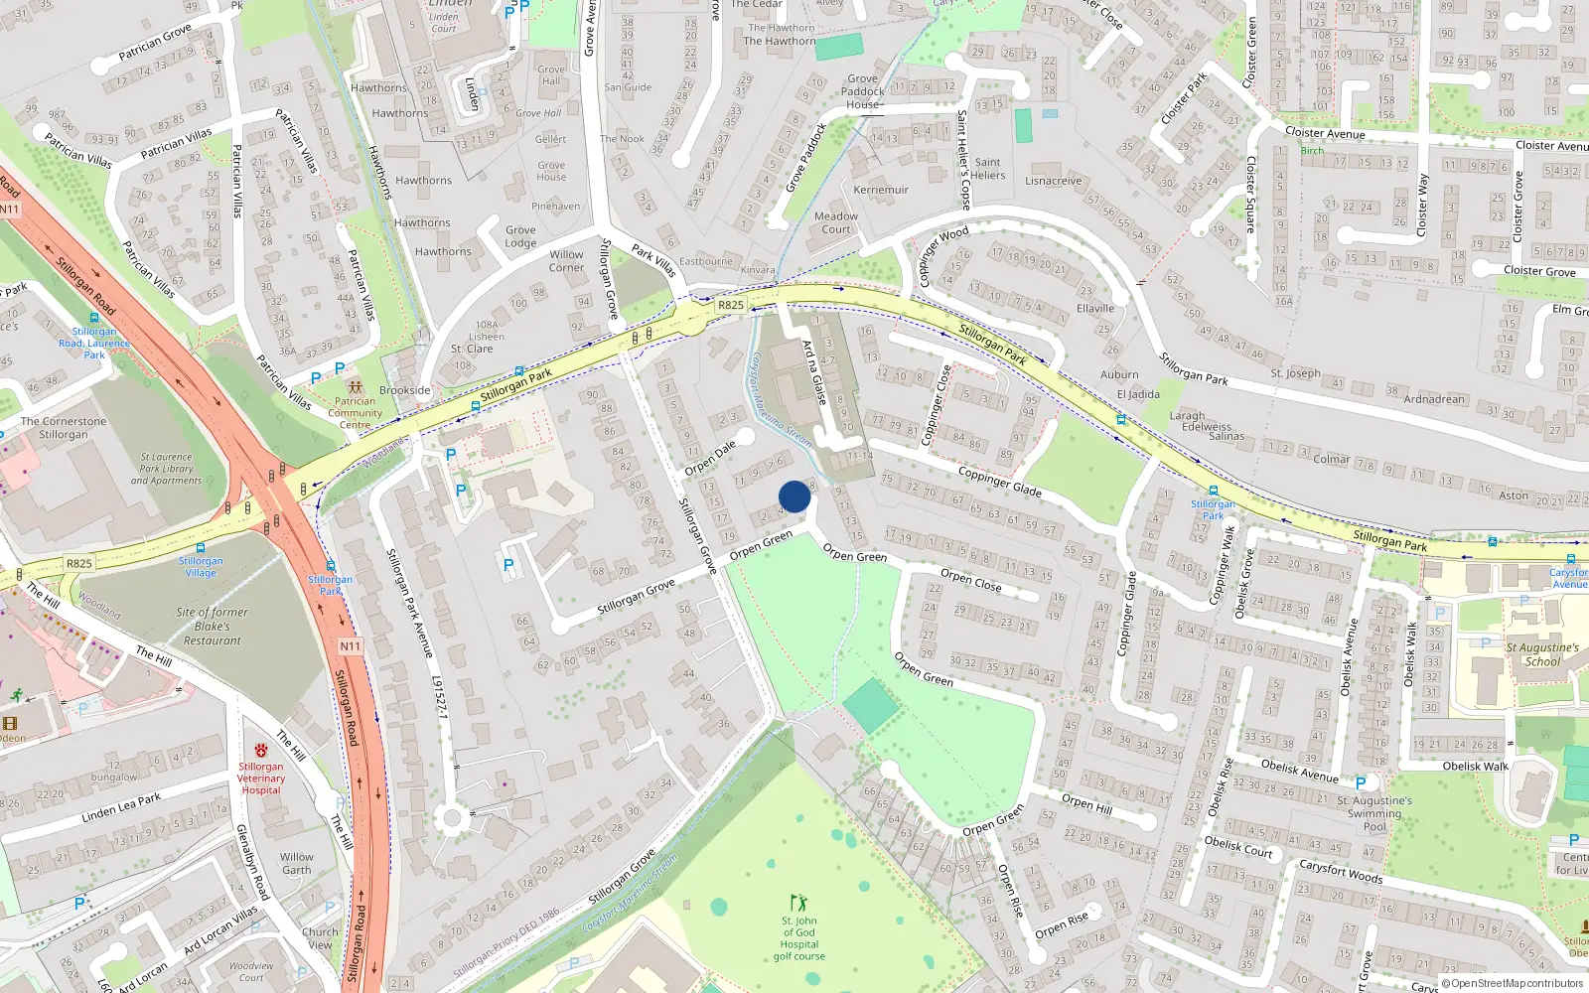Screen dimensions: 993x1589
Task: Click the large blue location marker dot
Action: coord(794,496)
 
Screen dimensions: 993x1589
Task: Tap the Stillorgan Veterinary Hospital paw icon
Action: coord(260,750)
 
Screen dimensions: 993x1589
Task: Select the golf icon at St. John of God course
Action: coord(798,903)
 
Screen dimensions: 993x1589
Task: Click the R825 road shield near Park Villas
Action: coord(730,305)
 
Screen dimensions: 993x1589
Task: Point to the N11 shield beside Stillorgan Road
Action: coord(351,646)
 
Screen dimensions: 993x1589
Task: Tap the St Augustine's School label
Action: coord(1541,654)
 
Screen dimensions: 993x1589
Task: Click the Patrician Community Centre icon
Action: coord(355,387)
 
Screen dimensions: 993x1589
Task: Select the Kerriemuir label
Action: coord(881,190)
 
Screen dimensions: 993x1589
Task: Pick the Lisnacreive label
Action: coord(1053,182)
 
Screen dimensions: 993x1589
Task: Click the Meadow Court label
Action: coord(836,222)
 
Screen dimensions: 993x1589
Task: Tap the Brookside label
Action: coord(404,390)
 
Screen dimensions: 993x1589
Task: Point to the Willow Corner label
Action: coord(566,261)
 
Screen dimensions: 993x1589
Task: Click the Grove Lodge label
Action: coord(520,236)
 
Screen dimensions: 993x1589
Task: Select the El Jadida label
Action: coord(1138,394)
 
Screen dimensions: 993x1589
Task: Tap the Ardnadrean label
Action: coord(1434,399)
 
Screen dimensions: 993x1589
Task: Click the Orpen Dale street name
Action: coord(710,456)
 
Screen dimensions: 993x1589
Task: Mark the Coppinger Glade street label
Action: coord(999,482)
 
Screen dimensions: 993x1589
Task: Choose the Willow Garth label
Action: coord(296,863)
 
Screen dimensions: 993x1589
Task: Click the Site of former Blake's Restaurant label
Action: coord(212,627)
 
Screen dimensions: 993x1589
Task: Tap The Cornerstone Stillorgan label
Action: coord(64,428)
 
